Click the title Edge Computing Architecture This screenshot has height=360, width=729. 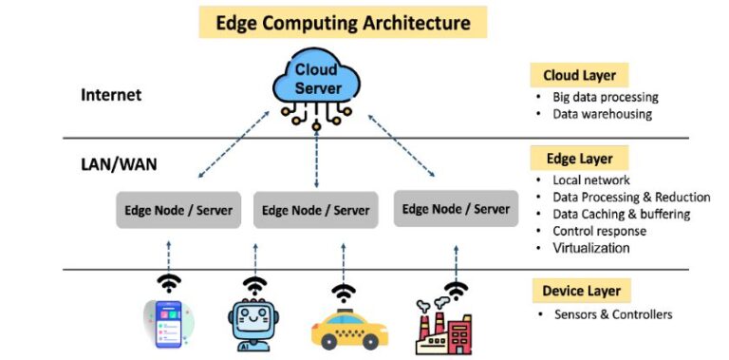(342, 23)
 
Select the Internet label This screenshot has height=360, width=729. (111, 95)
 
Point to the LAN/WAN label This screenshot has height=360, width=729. (119, 164)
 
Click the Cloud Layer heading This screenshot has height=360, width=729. (579, 75)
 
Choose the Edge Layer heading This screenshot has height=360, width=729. (578, 159)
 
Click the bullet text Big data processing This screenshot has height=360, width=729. (605, 97)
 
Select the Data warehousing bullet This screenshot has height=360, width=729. (602, 114)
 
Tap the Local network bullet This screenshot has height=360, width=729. (590, 180)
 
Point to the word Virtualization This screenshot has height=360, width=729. (590, 248)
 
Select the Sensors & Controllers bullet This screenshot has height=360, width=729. (613, 314)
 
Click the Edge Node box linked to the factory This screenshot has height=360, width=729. (456, 209)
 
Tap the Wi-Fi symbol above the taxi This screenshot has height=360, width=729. (344, 292)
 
